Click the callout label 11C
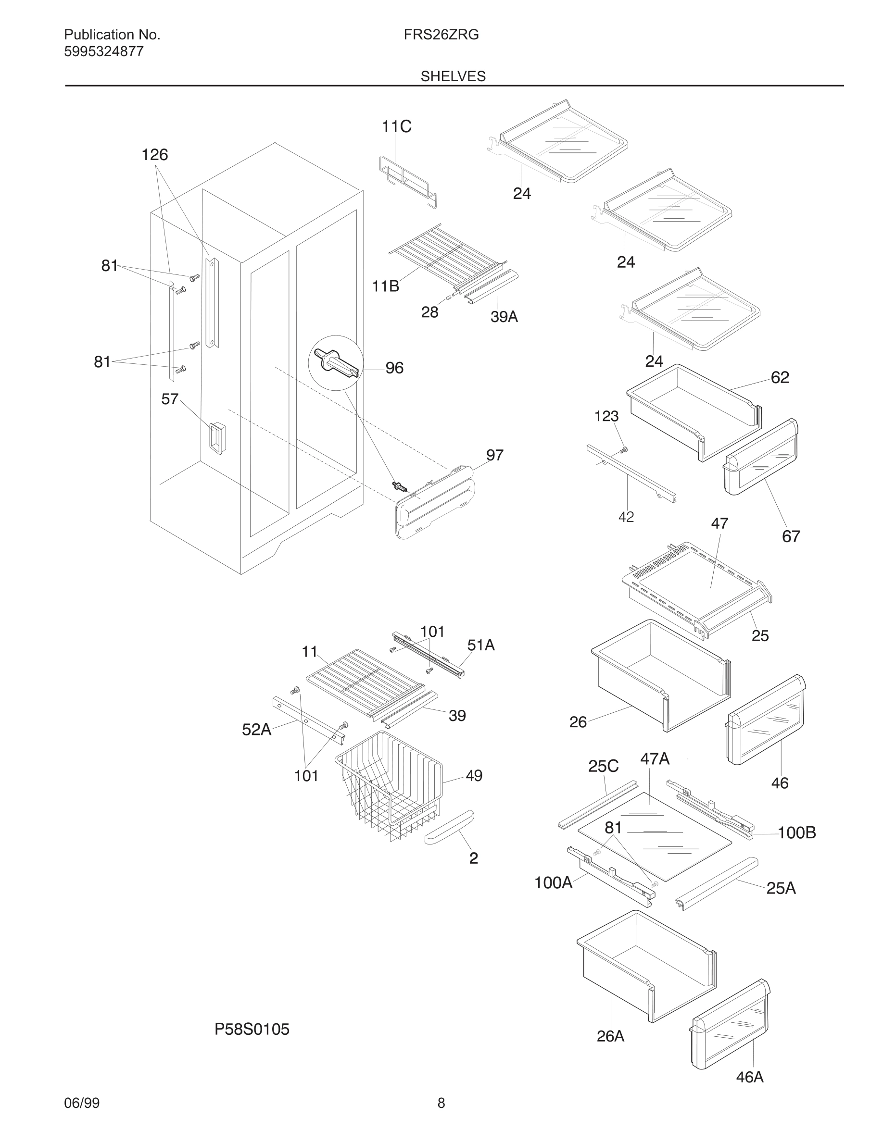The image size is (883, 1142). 396,126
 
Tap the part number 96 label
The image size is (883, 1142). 394,368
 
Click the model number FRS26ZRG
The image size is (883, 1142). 441,35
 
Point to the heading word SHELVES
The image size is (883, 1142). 453,76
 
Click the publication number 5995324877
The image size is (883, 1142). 103,52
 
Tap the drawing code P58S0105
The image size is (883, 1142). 252,1030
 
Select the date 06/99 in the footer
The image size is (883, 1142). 82,1103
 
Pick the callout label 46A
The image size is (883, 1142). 750,1077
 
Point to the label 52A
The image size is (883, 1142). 256,730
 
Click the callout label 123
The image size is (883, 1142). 606,416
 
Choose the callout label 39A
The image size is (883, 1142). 504,317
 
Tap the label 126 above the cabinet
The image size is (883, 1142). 155,155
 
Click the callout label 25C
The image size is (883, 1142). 603,767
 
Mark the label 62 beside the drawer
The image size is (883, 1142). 780,377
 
